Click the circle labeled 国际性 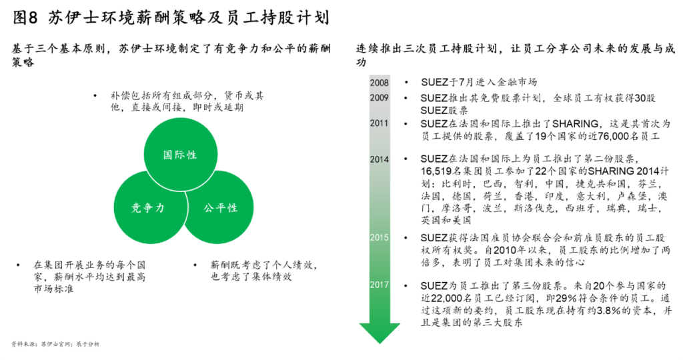pyautogui.click(x=180, y=155)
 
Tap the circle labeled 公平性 pyautogui.click(x=219, y=207)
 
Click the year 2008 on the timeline pyautogui.click(x=379, y=83)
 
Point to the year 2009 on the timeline pyautogui.click(x=379, y=98)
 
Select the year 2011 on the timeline pyautogui.click(x=379, y=123)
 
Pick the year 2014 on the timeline pyautogui.click(x=379, y=159)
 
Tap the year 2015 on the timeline pyautogui.click(x=379, y=238)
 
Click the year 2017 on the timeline pyautogui.click(x=379, y=285)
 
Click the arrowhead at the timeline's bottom pyautogui.click(x=380, y=333)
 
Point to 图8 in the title pyautogui.click(x=26, y=17)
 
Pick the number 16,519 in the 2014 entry pyautogui.click(x=436, y=171)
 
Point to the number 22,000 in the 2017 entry pyautogui.click(x=447, y=298)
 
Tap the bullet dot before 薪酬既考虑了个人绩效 pyautogui.click(x=195, y=265)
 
